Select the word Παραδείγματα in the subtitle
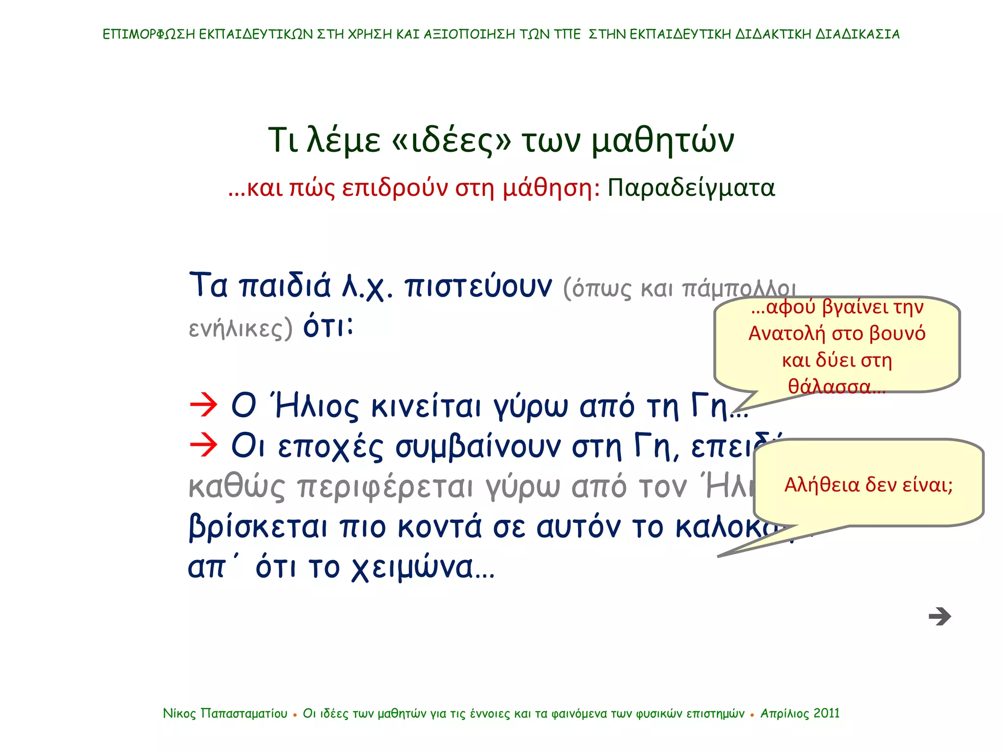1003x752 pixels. (691, 188)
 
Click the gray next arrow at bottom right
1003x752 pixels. (939, 616)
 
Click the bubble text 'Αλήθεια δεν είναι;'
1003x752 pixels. (868, 485)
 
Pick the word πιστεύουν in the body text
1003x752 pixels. (478, 286)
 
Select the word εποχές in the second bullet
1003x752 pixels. (331, 447)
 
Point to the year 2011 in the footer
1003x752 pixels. (827, 713)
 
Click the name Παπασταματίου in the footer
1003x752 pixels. (244, 713)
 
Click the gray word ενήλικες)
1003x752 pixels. (240, 328)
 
